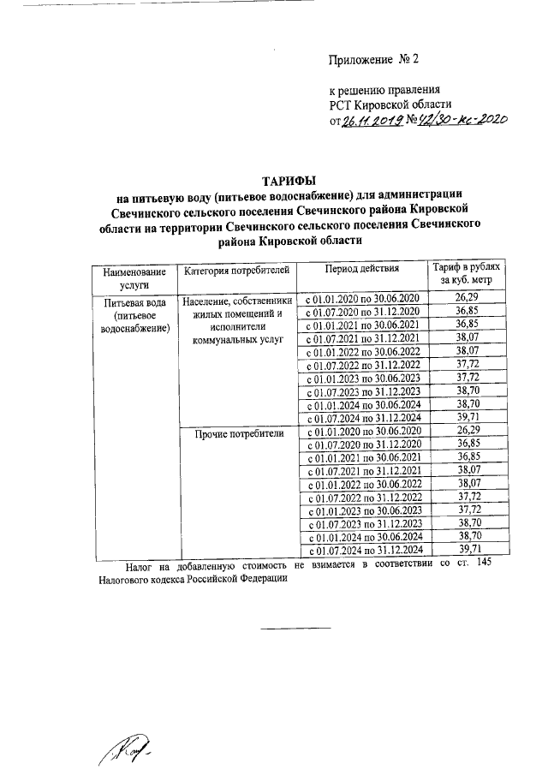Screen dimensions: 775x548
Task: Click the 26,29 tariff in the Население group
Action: pyautogui.click(x=467, y=297)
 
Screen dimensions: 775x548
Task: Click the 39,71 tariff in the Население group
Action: pyautogui.click(x=467, y=418)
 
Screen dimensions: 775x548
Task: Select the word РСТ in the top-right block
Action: pyautogui.click(x=344, y=104)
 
